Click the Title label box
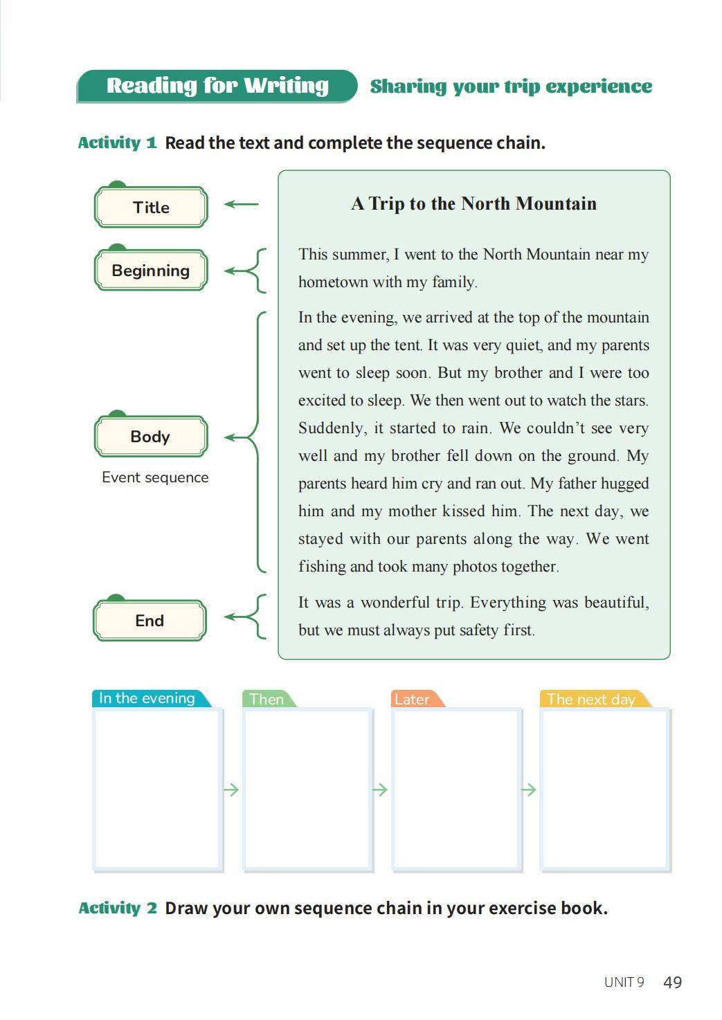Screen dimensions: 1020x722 tap(151, 207)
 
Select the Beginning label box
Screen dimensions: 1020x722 tap(151, 271)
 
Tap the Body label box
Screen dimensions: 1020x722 tap(151, 437)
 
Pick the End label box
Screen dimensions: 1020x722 tap(150, 621)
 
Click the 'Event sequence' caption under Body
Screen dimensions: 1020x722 tap(155, 477)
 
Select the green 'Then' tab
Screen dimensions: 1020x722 tap(267, 699)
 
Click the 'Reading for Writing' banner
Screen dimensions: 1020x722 tap(217, 86)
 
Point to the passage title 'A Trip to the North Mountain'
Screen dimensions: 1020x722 tap(473, 203)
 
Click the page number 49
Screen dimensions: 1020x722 tap(672, 982)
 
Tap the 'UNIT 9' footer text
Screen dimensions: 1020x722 tap(624, 982)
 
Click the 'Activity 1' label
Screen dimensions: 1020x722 tap(117, 143)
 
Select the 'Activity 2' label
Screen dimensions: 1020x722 tap(118, 908)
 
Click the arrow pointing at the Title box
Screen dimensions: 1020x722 tap(242, 204)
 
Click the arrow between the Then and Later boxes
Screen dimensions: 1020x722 tap(380, 790)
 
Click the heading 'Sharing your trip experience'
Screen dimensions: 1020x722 tap(511, 86)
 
